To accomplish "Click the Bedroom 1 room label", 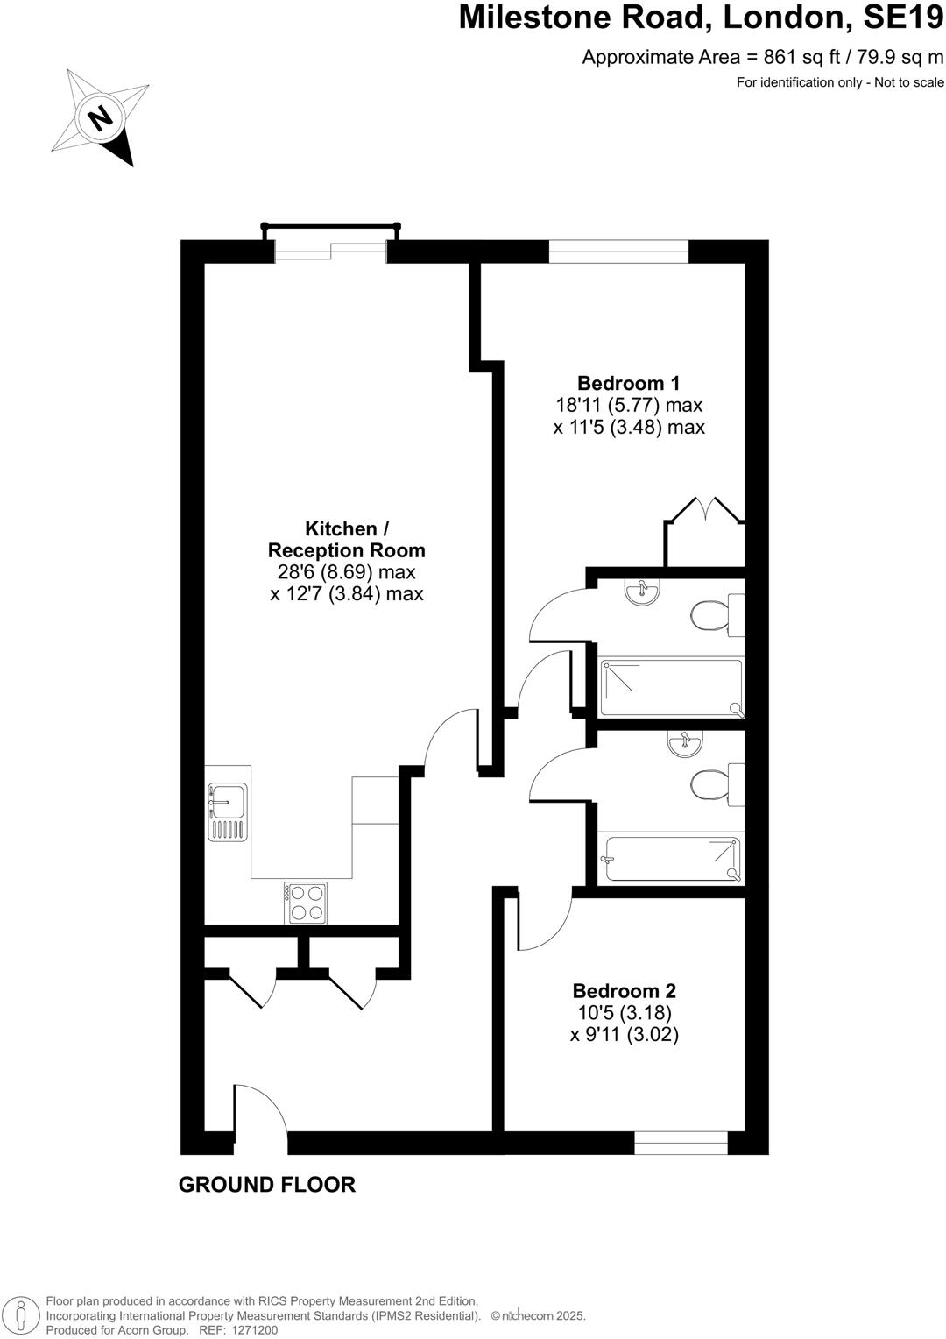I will click(628, 383).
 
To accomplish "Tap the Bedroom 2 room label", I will click(624, 991).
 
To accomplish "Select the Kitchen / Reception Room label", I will click(346, 540).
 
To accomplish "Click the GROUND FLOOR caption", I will click(267, 1185).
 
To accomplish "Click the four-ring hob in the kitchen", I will click(306, 903).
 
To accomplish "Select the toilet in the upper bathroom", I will click(714, 615).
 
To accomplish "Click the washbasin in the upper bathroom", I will click(643, 593).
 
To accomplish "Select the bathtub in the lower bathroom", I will click(672, 859).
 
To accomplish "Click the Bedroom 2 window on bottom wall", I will click(681, 1143).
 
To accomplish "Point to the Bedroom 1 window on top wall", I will click(618, 252).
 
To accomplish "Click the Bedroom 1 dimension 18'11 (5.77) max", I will click(629, 406).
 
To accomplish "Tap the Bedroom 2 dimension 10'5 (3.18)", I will click(624, 1013).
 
